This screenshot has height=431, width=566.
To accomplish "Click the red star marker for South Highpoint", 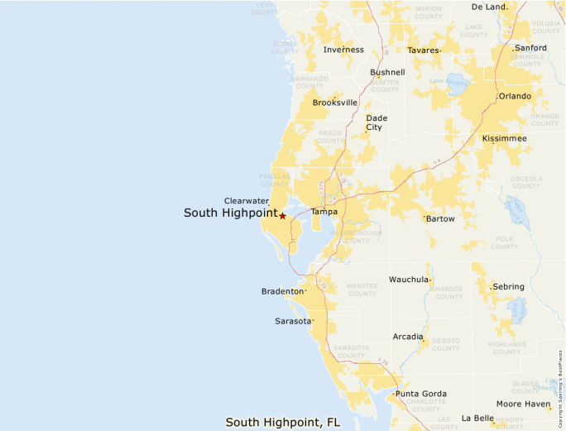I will (282, 216).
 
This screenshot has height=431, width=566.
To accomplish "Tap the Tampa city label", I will (324, 213).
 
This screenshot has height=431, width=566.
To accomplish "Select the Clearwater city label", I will (246, 201).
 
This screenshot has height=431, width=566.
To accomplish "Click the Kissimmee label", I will (504, 138).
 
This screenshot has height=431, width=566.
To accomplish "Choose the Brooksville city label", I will (334, 103).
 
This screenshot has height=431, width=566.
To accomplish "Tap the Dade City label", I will (377, 122).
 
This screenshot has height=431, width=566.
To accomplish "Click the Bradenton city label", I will (282, 292).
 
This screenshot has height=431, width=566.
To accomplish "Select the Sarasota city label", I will (293, 321).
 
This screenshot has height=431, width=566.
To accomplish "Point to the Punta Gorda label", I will (420, 394).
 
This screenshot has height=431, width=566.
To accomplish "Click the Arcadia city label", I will (407, 337).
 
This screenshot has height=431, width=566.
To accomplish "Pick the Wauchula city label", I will (409, 280).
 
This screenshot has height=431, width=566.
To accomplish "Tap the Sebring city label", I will (508, 287).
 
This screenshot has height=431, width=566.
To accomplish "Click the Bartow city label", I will (440, 219).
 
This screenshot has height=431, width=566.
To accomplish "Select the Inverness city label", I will (343, 50).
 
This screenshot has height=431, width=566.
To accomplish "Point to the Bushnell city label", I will (387, 72).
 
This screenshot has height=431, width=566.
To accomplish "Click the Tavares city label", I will (423, 50).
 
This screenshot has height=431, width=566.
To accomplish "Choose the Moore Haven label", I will (523, 404).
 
